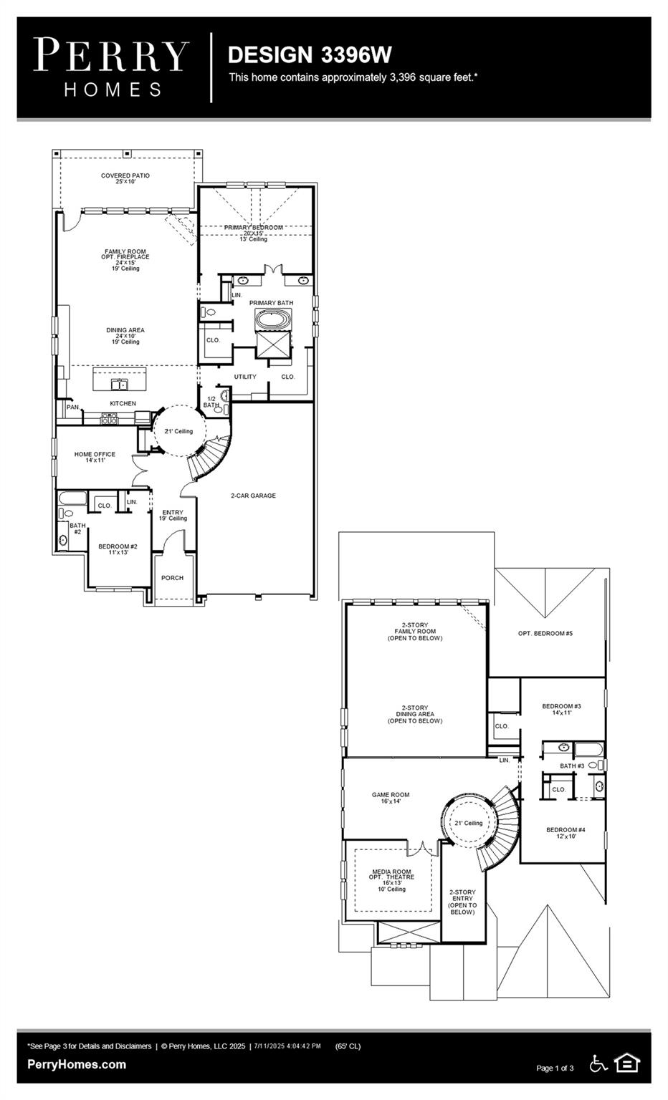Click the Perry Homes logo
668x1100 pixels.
tap(112, 67)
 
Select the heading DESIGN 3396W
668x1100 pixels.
tap(310, 55)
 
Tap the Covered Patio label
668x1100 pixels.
tap(125, 178)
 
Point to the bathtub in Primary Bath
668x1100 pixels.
tap(273, 319)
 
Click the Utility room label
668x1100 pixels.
tap(245, 377)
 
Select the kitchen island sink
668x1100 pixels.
tap(119, 385)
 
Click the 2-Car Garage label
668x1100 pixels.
tap(253, 496)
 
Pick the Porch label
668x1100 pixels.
tap(172, 578)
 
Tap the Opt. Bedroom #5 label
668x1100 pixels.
tap(545, 634)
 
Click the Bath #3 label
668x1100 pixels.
tap(572, 766)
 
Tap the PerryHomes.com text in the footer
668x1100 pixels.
tap(77, 1064)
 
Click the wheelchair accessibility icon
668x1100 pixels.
tap(598, 1063)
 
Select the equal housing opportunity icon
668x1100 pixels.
tap(627, 1063)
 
